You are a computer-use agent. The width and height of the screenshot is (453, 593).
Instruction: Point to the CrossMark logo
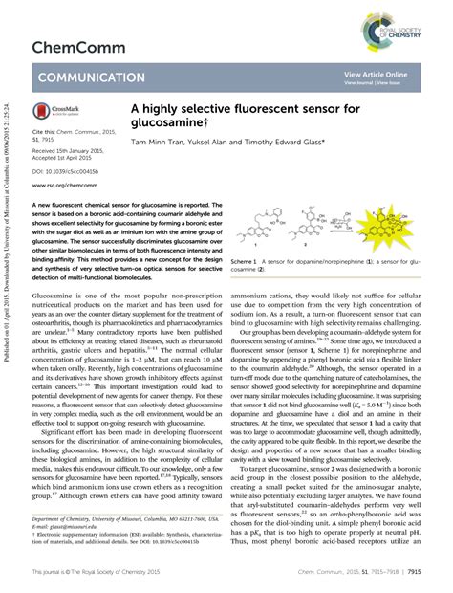coord(53,112)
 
